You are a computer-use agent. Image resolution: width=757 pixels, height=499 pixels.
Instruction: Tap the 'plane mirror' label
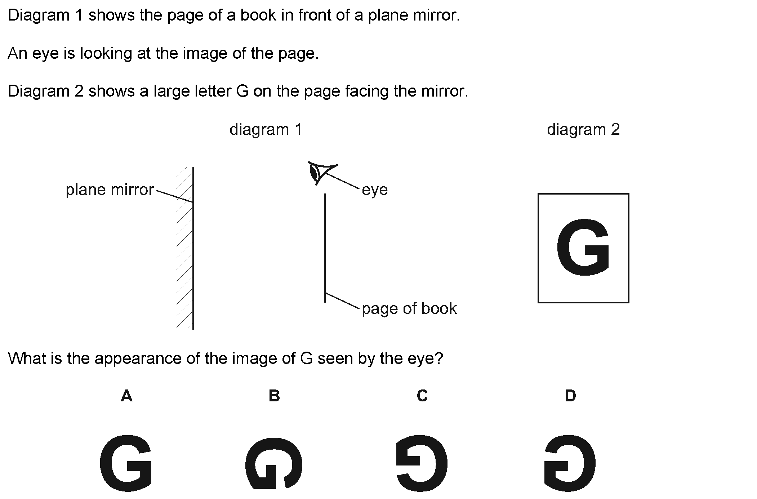[110, 190]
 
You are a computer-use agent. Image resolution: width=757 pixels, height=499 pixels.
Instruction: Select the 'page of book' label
[409, 308]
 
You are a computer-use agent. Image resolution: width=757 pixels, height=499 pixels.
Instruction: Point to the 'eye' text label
[375, 190]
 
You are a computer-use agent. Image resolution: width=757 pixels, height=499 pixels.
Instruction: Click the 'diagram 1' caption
[266, 129]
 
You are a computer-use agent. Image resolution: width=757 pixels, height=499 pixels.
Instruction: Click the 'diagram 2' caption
[583, 129]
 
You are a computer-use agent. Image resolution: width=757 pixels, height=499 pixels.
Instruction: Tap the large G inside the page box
[583, 247]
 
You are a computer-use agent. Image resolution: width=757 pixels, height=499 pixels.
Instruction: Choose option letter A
[126, 396]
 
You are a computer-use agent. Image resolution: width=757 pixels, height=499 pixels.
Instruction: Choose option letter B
[274, 396]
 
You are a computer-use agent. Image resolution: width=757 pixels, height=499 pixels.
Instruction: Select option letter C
[422, 396]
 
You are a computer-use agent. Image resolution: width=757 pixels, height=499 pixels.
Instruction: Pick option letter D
[570, 396]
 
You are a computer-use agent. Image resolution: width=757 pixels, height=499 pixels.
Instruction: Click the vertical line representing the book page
[325, 248]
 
